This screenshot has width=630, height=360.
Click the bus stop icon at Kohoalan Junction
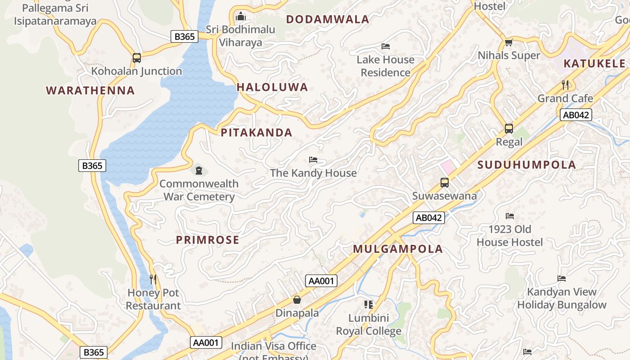point(136,58)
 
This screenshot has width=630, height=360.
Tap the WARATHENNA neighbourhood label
point(90,90)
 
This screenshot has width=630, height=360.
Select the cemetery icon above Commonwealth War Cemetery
point(198,170)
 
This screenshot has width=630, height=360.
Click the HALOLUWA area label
point(272,87)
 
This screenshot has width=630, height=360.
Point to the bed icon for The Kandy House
point(313,160)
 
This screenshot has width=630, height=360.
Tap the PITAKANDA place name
point(256,133)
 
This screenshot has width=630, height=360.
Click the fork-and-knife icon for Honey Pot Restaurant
point(153,279)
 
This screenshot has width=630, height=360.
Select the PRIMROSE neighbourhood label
point(207,240)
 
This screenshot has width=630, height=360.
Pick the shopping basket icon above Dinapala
point(297,299)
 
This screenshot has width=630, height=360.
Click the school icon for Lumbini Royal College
point(369,305)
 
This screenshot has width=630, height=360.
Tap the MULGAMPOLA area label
point(398,249)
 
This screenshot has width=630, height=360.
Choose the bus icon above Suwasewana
point(445,182)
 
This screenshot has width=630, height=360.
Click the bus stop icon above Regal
point(509,129)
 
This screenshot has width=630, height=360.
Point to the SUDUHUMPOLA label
point(526,165)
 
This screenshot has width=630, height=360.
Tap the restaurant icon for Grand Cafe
point(566,85)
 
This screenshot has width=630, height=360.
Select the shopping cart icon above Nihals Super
point(509,42)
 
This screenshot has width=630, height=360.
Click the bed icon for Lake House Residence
point(386,46)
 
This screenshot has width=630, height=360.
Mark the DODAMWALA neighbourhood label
point(328,19)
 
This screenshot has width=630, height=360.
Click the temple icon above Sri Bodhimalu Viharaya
point(241,16)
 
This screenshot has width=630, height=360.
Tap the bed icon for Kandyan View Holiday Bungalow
point(562,279)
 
